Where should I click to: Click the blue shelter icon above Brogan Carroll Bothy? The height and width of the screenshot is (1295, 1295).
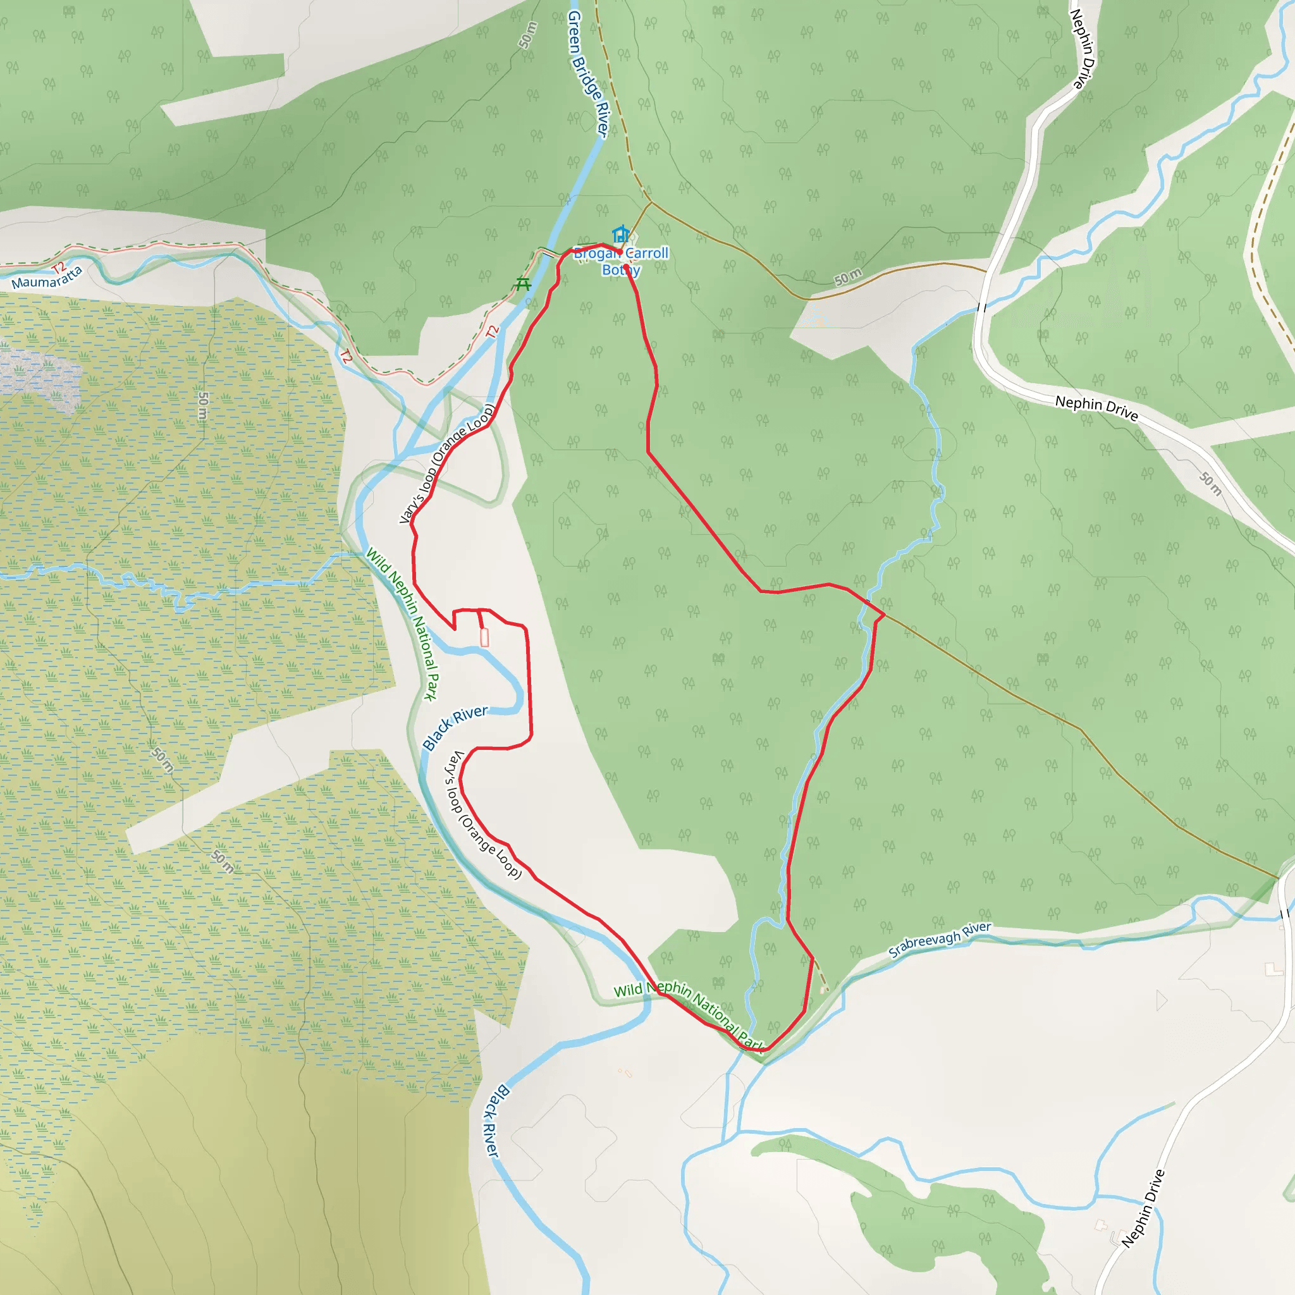(622, 234)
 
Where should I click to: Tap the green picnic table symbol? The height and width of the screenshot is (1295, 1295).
(523, 284)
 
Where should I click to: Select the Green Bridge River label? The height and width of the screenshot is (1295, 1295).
(588, 74)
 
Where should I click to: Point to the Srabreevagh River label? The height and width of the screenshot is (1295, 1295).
(939, 940)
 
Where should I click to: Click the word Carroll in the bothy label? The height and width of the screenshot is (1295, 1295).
(647, 254)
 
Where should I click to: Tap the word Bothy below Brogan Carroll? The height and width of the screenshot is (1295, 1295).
(621, 270)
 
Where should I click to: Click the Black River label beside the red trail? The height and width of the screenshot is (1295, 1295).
(455, 727)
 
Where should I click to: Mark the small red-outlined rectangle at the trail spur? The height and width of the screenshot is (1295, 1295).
(484, 638)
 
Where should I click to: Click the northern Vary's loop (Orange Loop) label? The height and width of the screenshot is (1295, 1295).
(446, 463)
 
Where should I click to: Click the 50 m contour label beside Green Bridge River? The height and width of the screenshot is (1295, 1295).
(528, 35)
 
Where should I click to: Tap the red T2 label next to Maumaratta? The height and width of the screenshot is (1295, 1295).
(59, 269)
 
